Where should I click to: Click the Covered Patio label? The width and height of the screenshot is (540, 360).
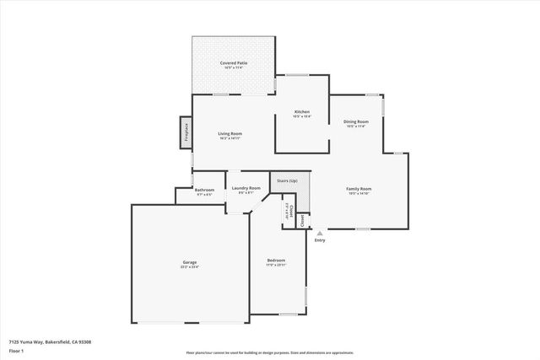point(234,62)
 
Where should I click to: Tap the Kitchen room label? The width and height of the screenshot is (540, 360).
point(301,112)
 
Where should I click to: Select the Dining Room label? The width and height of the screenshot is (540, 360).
point(356,121)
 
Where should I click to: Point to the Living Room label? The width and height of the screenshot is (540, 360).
point(230,133)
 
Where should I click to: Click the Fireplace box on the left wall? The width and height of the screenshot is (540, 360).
point(183,133)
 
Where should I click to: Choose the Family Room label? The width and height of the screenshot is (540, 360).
point(359,188)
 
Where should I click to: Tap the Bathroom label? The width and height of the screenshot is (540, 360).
point(204,190)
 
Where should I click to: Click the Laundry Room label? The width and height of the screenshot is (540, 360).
point(246,188)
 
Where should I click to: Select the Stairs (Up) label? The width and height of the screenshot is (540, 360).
point(287,180)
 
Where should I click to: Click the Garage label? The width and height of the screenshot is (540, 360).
point(190,262)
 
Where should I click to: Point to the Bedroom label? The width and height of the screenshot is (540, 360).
point(276,260)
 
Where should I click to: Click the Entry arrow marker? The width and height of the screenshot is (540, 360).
point(319,233)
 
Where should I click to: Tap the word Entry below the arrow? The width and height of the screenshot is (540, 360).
point(319,241)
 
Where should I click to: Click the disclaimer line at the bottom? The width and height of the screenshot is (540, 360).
point(269,352)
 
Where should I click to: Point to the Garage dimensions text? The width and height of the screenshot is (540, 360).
point(190,267)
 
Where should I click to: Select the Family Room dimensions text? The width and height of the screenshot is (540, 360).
point(359,194)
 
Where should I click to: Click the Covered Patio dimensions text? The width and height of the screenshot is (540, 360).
point(234,67)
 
